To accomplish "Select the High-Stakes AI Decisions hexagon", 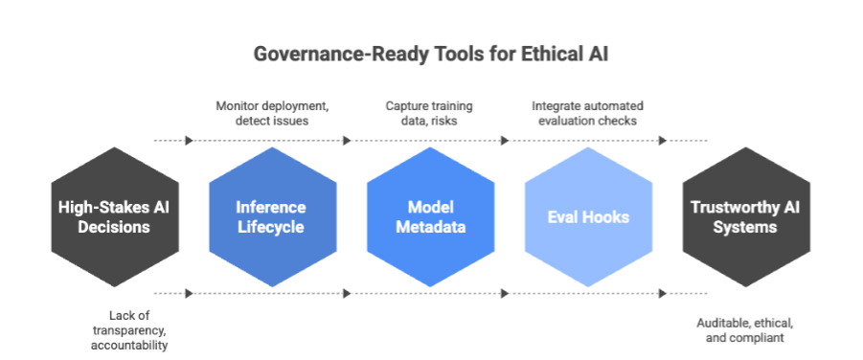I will point(114,217).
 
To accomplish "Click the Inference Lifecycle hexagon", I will point(272,217).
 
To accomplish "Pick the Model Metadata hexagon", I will point(430,217).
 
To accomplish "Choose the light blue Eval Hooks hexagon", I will point(589,217).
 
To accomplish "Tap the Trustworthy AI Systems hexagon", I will point(747,217).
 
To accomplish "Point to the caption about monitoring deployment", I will point(272,113).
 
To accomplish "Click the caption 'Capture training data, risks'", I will point(430,113).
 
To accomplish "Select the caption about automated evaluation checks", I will point(589,113).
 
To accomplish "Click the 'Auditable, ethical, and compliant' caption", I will point(745,329).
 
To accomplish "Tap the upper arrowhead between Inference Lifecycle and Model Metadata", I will point(347,141).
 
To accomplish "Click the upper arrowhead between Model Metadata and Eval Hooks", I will point(505,141).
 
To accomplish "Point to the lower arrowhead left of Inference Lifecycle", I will point(189,293).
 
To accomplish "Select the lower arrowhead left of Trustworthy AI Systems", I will point(663,293).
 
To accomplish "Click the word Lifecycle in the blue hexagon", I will point(272,228).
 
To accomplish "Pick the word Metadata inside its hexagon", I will point(430,228).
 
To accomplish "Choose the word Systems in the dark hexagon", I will point(747,228).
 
